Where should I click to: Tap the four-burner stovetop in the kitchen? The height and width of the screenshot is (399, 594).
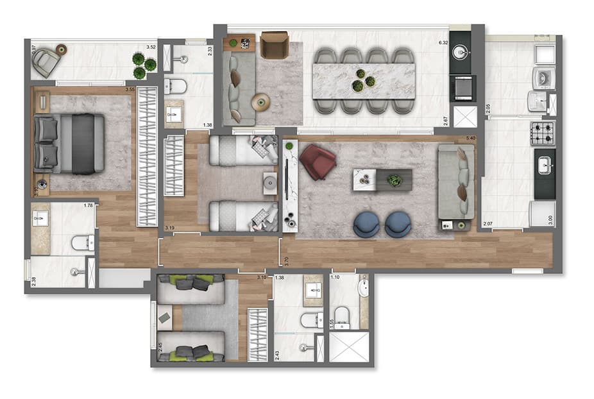[x=542, y=133]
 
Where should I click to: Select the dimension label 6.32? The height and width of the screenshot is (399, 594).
[x=442, y=44]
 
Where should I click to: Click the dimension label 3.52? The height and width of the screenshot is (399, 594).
[x=151, y=47]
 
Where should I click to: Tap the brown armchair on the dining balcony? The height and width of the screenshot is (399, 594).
[x=275, y=45]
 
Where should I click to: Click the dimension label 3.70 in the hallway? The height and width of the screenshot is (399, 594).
[x=285, y=261]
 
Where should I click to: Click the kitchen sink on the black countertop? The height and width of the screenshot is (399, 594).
[x=545, y=166]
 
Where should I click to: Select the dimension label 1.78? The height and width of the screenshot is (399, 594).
[x=89, y=206]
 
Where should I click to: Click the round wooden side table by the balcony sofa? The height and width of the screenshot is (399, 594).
[x=261, y=101]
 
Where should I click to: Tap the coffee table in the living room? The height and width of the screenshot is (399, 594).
[x=382, y=179]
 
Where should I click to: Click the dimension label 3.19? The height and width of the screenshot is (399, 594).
[x=170, y=228]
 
